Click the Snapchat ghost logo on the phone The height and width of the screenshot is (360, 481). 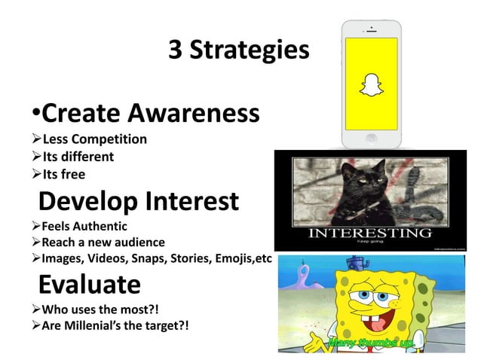(x=370, y=85)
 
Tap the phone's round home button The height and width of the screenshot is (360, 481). (x=370, y=139)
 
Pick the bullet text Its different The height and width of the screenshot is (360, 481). (x=78, y=157)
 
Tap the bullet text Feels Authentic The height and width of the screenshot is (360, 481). (x=84, y=226)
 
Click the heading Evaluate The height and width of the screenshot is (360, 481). (x=89, y=285)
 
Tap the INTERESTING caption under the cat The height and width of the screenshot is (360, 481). (x=369, y=231)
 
